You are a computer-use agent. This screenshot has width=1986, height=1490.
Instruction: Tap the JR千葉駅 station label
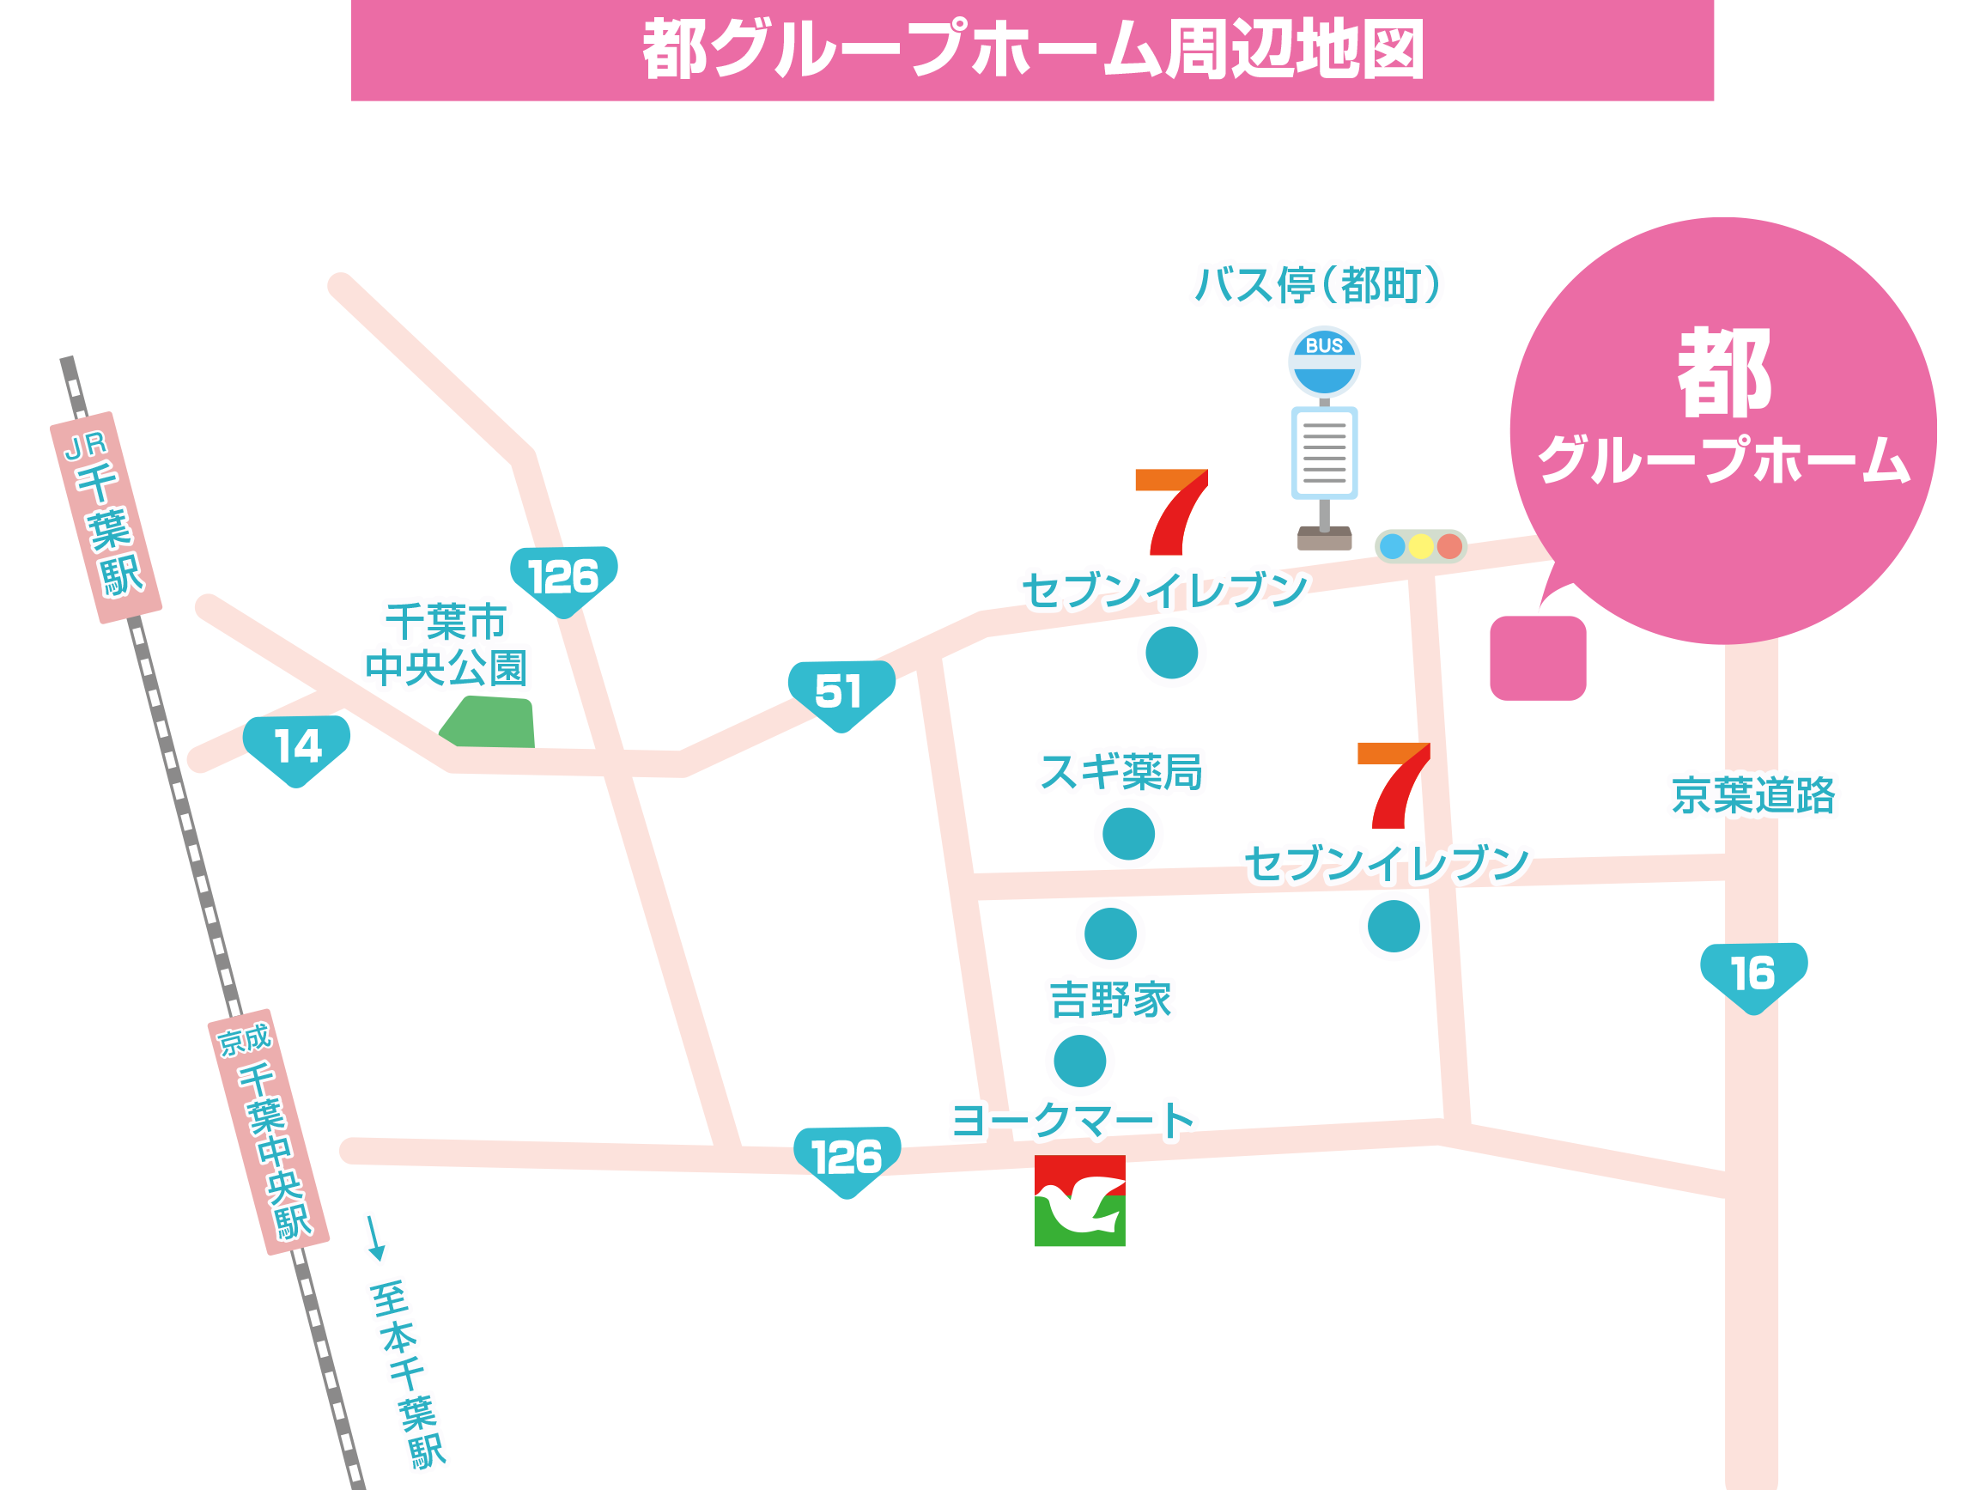pyautogui.click(x=106, y=518)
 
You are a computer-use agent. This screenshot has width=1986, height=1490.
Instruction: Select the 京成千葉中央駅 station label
pyautogui.click(x=268, y=1133)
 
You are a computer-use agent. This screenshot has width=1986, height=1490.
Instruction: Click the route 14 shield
pyautogui.click(x=296, y=748)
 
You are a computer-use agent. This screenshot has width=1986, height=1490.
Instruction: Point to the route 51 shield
pyautogui.click(x=841, y=693)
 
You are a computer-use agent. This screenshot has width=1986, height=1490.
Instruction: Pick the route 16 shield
pyautogui.click(x=1752, y=976)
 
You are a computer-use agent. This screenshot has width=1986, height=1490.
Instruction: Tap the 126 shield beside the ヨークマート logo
pyautogui.click(x=847, y=1159)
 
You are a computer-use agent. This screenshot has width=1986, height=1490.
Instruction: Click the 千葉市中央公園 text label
pyautogui.click(x=446, y=645)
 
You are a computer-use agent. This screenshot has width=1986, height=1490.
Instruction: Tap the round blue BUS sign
pyautogui.click(x=1324, y=362)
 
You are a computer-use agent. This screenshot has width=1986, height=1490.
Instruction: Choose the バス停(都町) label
pyautogui.click(x=1317, y=286)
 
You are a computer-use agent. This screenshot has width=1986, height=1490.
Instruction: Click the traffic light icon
pyautogui.click(x=1420, y=546)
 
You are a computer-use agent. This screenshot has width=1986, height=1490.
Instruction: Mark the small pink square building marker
pyautogui.click(x=1538, y=659)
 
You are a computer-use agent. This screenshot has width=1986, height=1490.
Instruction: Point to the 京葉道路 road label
pyautogui.click(x=1752, y=796)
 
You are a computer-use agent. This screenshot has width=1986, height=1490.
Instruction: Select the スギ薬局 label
pyautogui.click(x=1121, y=772)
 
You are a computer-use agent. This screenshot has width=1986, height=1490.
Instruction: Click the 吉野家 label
pyautogui.click(x=1110, y=1000)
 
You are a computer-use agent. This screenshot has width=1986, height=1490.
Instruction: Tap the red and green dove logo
pyautogui.click(x=1079, y=1201)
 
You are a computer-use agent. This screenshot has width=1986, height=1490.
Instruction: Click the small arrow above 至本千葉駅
pyautogui.click(x=375, y=1238)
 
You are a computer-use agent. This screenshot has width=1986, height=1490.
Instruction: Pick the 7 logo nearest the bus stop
pyautogui.click(x=1172, y=512)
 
